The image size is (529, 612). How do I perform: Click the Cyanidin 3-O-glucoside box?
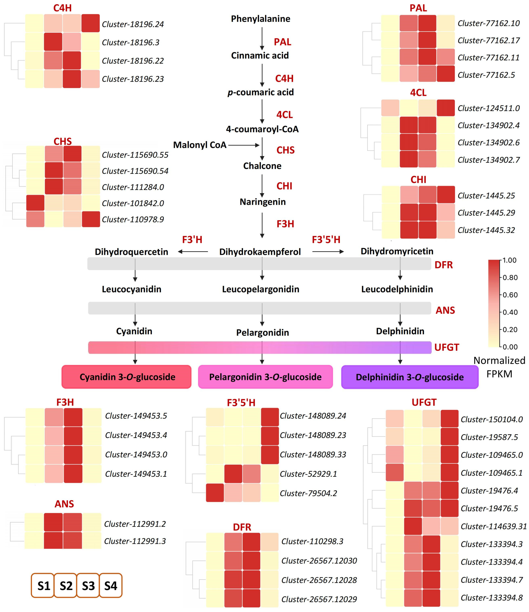[x=126, y=377]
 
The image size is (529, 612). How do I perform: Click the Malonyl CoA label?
[x=200, y=145]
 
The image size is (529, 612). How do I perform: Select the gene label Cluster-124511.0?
[x=489, y=108]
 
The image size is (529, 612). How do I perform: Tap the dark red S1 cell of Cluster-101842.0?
[x=35, y=203]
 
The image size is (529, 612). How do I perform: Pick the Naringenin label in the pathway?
[x=263, y=202]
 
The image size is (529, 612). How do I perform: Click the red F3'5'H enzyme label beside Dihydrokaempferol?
[x=326, y=240]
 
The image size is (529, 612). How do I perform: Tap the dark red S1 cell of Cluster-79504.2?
[x=215, y=493]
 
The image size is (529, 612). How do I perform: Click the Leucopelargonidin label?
[x=261, y=289]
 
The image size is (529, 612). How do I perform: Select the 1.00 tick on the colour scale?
[x=509, y=260]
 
